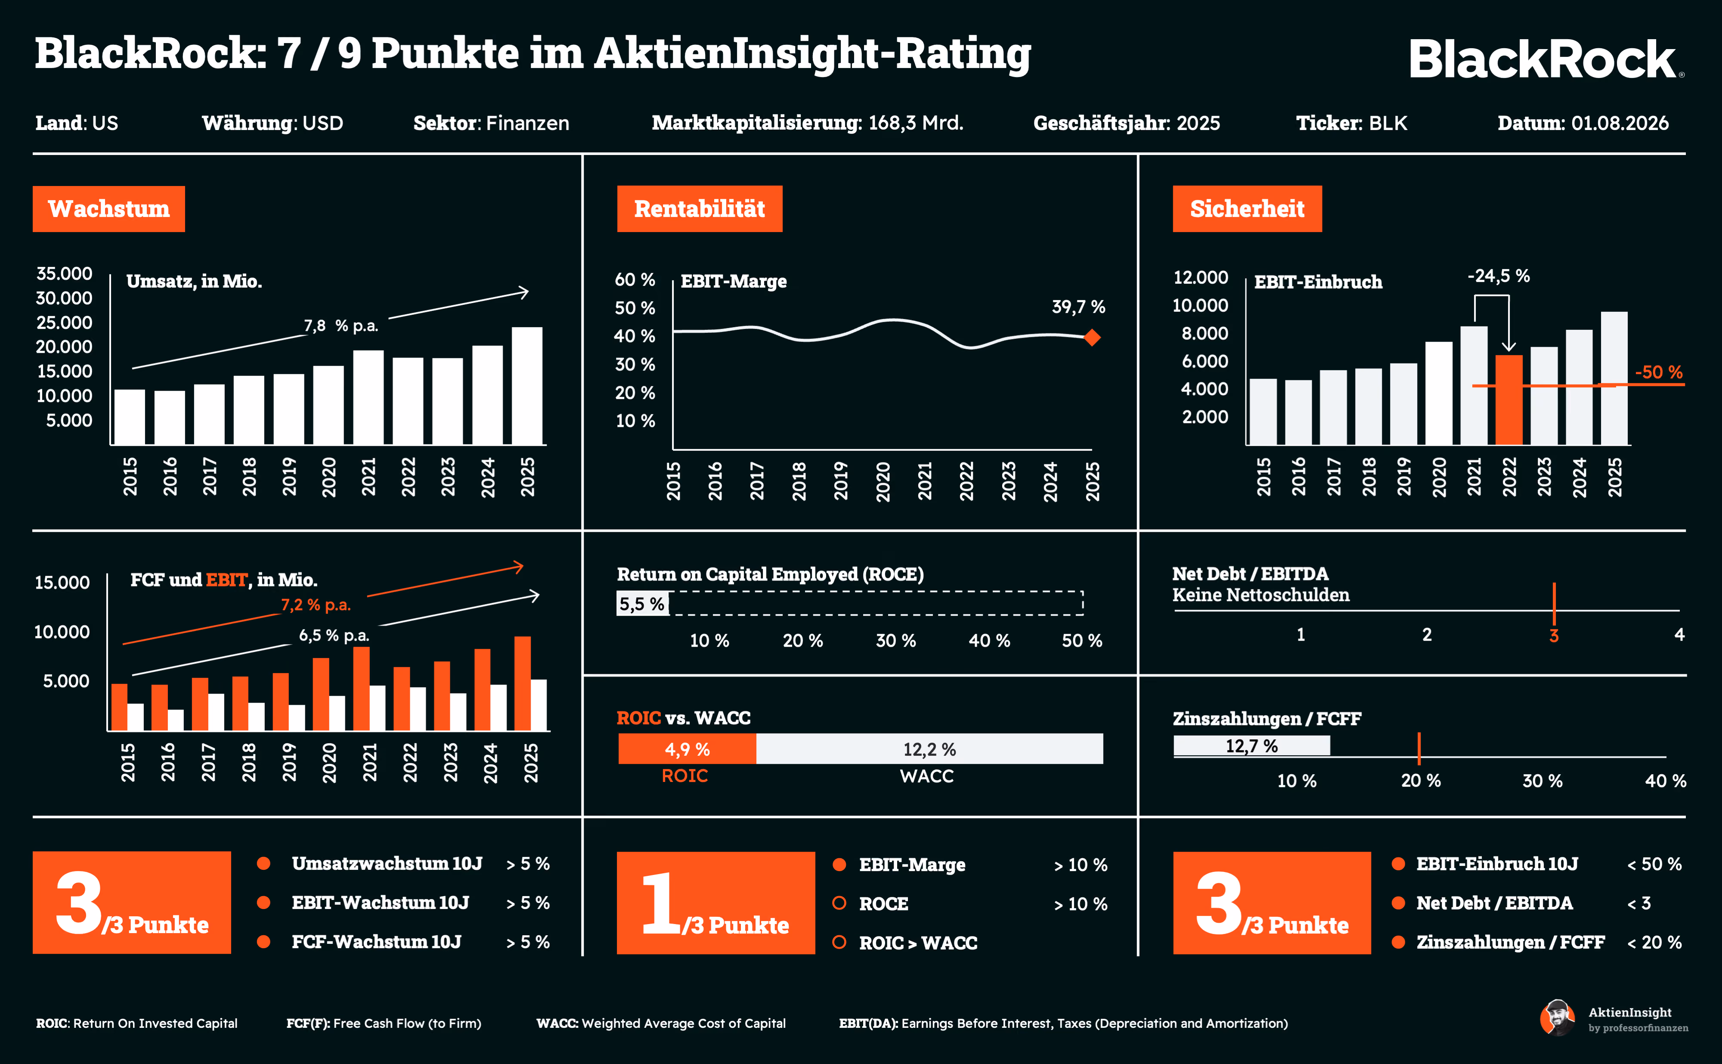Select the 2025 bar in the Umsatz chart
527,386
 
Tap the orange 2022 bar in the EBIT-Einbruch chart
1509,400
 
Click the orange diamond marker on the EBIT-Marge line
1092,338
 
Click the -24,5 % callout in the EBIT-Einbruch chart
1498,276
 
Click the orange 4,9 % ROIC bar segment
687,749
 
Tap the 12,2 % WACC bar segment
929,749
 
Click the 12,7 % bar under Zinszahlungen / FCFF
1251,746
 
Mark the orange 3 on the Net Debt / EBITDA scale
1554,636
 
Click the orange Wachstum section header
109,209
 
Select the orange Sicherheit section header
1247,208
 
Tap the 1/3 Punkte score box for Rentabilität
715,903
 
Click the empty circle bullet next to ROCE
839,903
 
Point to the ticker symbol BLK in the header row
1388,123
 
